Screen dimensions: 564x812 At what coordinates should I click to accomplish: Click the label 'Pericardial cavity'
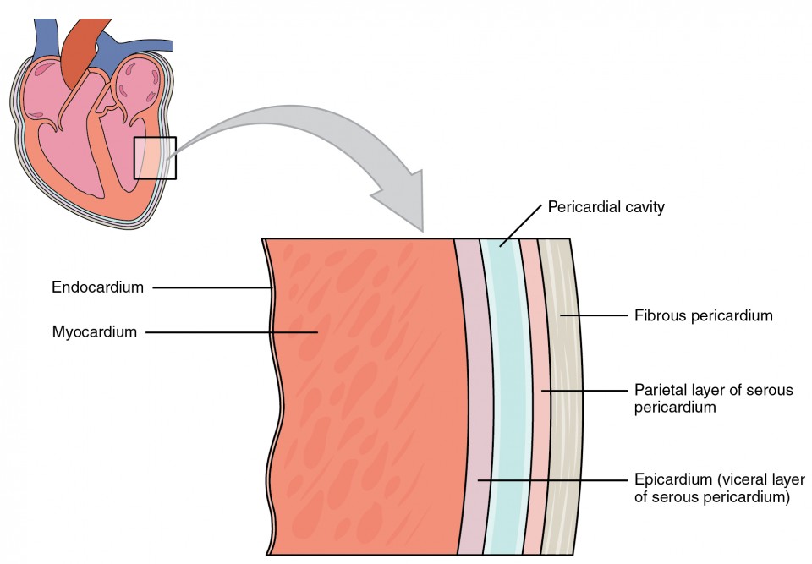(x=606, y=206)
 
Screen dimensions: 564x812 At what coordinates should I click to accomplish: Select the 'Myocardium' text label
(x=94, y=332)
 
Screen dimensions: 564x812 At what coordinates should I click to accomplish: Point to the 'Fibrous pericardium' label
(x=703, y=316)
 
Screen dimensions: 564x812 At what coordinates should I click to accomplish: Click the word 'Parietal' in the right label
(x=657, y=392)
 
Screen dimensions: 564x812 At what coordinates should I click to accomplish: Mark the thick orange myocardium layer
(x=372, y=397)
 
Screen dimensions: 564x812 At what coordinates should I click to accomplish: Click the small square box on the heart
(x=155, y=158)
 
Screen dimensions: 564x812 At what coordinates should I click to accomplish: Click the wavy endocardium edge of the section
(x=271, y=381)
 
